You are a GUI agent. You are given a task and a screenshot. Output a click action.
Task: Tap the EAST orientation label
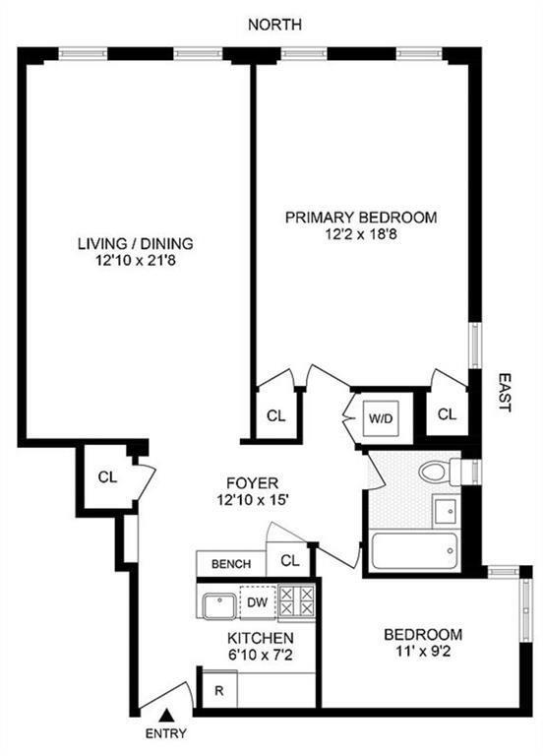[x=503, y=392]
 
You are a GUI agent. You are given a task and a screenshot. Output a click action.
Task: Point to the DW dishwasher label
[x=256, y=601]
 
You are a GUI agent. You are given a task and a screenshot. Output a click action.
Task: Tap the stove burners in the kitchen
[x=296, y=599]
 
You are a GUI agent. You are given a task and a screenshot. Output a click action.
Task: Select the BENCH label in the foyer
[x=230, y=564]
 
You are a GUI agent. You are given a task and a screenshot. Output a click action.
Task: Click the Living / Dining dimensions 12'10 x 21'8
[x=136, y=263]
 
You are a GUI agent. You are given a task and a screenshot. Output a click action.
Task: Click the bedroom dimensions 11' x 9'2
[x=422, y=652]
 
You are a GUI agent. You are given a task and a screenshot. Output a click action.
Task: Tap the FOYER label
[x=253, y=483]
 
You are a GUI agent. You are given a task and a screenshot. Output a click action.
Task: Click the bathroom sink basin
[x=445, y=511]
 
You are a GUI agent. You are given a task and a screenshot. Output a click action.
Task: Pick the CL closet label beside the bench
[x=290, y=562]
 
